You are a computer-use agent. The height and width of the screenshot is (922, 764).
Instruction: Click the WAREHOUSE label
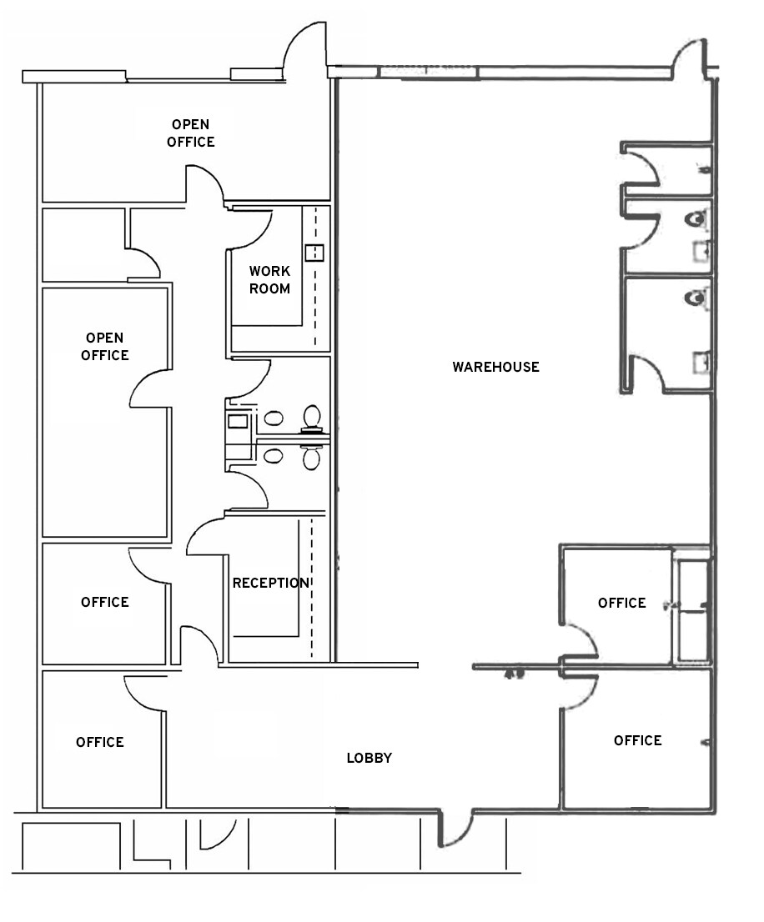(x=495, y=367)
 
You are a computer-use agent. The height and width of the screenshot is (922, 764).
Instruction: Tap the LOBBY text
(x=369, y=758)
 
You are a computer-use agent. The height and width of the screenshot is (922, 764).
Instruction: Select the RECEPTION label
(x=270, y=583)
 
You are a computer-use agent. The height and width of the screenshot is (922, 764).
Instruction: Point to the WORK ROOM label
(x=269, y=280)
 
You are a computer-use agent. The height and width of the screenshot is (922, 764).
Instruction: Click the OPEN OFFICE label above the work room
(x=190, y=133)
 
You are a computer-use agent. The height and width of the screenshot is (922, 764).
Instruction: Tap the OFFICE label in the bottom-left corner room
(x=99, y=742)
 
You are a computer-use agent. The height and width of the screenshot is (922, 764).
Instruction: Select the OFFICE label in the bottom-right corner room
(x=637, y=740)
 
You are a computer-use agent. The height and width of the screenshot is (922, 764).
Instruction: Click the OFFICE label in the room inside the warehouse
(x=621, y=603)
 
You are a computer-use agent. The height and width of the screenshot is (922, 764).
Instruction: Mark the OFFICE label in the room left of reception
(x=104, y=602)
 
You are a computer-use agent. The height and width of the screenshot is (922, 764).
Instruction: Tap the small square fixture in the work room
(x=314, y=253)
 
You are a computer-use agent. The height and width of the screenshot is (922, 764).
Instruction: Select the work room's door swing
(x=252, y=229)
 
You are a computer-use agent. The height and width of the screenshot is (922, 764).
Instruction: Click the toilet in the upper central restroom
(x=312, y=416)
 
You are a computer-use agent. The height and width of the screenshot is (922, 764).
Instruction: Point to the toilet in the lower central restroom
(x=311, y=457)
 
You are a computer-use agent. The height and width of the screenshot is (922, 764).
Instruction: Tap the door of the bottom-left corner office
(x=144, y=692)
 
